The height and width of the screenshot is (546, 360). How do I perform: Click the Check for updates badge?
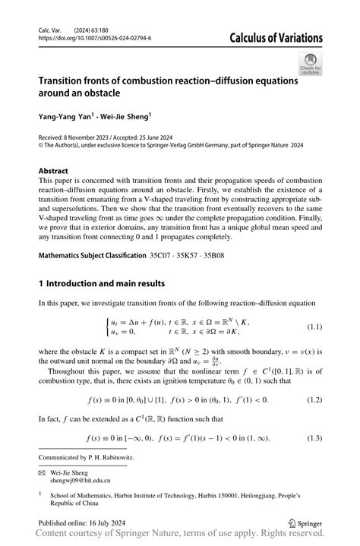click(x=310, y=64)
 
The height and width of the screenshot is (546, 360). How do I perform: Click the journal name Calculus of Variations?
click(x=270, y=37)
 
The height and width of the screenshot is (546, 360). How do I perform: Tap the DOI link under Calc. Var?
click(x=94, y=37)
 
